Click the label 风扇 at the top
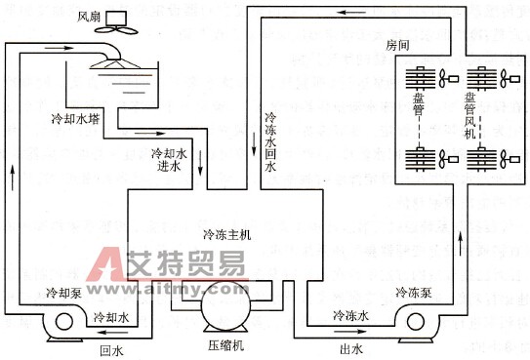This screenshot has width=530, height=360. click(x=89, y=16)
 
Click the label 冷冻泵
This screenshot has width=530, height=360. click(x=415, y=291)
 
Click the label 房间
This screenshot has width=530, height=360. click(x=399, y=45)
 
